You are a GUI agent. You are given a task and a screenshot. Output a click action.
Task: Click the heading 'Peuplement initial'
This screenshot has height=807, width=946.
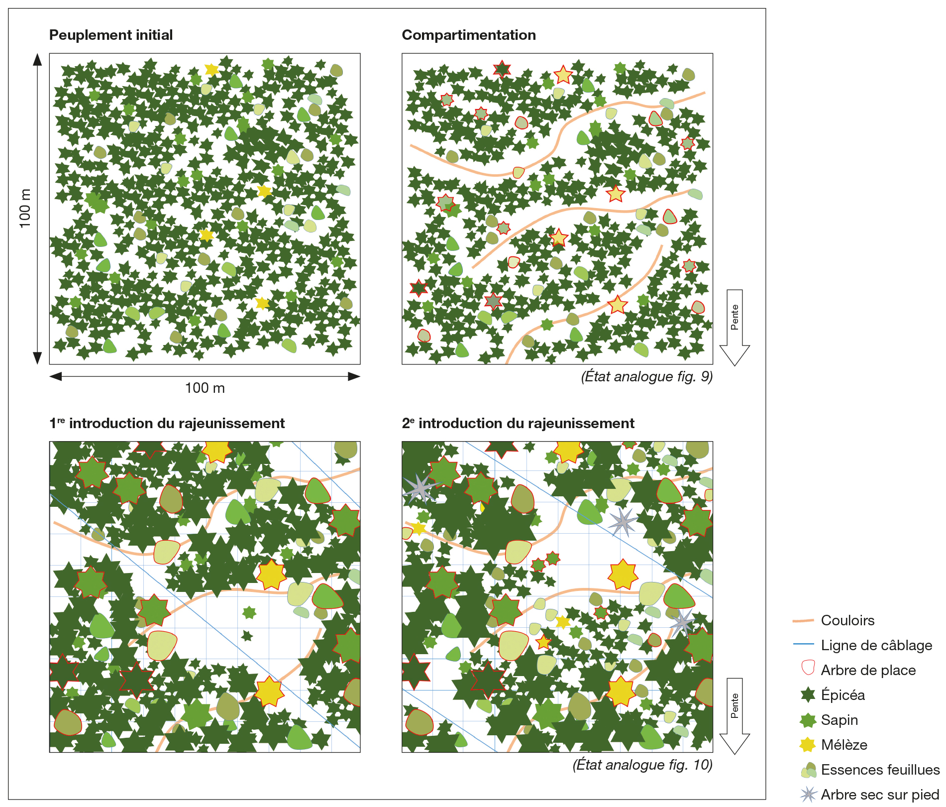coord(110,35)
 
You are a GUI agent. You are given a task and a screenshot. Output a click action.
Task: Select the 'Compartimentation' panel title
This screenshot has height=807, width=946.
coord(468,35)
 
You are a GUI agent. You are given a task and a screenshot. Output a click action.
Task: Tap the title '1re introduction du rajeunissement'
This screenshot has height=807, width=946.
coord(167,423)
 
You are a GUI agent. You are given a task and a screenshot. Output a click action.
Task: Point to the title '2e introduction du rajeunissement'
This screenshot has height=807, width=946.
coord(518,423)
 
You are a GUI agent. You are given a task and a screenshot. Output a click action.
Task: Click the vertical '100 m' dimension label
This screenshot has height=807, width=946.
coord(25,208)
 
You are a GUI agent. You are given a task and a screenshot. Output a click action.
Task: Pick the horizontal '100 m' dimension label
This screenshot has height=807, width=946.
coord(205,388)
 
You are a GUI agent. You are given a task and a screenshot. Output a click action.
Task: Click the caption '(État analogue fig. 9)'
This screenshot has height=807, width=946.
coord(646,376)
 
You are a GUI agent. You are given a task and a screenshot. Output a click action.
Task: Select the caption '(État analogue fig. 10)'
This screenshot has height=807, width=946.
coord(642,764)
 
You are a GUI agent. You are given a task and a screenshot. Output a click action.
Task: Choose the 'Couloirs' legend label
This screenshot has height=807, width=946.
coord(847,620)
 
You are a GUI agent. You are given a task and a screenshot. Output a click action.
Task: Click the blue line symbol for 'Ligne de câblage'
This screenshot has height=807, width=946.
coord(803,645)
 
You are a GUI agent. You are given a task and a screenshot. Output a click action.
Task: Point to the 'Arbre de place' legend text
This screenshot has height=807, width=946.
coord(868,670)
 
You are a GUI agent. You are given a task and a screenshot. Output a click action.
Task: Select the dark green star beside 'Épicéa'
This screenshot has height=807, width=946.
coord(808,694)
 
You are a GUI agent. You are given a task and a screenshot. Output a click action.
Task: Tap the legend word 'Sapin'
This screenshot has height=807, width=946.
coord(839,720)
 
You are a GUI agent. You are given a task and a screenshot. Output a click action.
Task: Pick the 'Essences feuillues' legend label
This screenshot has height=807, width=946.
coord(880,770)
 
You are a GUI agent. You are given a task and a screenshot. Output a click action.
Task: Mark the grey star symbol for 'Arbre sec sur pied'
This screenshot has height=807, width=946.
coord(808,794)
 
